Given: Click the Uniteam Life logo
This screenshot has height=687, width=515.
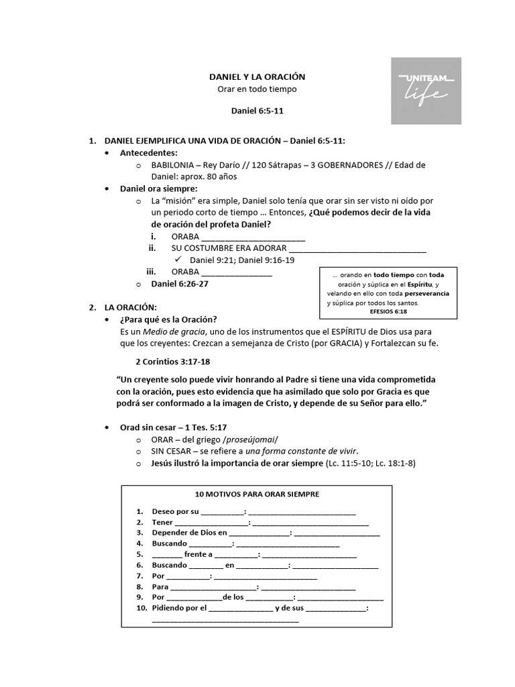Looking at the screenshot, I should pos(426,91).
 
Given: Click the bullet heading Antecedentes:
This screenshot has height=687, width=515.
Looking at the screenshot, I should pos(149,153).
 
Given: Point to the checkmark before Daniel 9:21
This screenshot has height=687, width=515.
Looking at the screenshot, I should pos(178,260).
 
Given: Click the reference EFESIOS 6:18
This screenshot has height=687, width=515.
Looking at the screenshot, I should pos(388,311).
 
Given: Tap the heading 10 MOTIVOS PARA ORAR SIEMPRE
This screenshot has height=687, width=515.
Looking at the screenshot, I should pos(257,494).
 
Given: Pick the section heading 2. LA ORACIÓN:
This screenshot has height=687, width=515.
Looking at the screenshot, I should pos(130,307).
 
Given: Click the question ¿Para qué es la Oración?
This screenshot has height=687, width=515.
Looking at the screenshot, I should pos(168,319).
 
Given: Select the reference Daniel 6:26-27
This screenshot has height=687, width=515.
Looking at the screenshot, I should pos(180,284).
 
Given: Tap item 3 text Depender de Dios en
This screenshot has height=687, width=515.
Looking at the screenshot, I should pos(184,533).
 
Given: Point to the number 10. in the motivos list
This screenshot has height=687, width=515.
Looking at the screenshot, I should pos(141,608).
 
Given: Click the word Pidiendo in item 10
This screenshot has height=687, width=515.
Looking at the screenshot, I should pos(169,608).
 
